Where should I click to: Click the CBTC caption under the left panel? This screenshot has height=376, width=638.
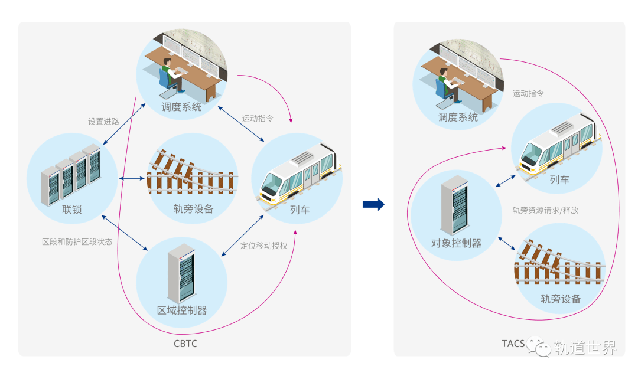185,344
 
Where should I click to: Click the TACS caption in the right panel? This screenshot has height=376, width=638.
513,344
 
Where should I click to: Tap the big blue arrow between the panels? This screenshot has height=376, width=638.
373,204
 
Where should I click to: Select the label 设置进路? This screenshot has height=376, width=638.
104,122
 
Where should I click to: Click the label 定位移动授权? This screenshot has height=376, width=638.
263,246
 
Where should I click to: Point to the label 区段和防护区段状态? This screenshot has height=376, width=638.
77,242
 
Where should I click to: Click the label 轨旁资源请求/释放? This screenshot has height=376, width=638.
545,210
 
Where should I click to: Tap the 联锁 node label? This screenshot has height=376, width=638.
71,210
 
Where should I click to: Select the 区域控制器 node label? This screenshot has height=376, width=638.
182,310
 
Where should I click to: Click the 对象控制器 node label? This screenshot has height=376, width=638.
456,243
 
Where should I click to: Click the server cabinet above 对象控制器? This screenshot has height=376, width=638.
454,205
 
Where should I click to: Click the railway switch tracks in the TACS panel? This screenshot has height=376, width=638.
559,264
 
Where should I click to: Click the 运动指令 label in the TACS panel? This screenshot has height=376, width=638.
528,93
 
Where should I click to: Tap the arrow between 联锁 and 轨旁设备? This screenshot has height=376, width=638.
133,178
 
